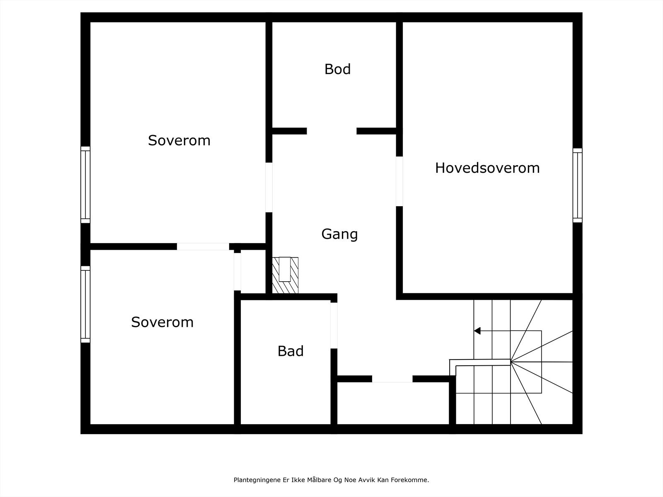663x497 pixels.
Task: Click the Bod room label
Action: coord(337,69)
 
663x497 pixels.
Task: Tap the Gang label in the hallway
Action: coord(339,234)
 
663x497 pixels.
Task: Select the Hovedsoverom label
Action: coord(487,168)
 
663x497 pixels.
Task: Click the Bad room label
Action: coord(290,351)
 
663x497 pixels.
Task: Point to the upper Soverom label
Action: coord(179,140)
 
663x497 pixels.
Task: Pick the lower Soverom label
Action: coord(162,322)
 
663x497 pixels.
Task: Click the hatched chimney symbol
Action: coord(285,275)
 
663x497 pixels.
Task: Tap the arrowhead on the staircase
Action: coord(477,331)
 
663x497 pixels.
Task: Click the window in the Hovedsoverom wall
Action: coord(577,185)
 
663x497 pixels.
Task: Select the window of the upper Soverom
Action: coord(85,185)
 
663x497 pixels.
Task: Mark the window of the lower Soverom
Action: coord(85,304)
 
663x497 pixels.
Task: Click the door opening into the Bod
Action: coord(331,131)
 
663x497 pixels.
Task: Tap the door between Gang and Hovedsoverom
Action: coord(399,181)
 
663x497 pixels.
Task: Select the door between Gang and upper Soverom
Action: coord(269,187)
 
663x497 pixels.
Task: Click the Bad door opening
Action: coord(334,326)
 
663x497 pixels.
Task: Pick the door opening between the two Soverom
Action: coord(203,246)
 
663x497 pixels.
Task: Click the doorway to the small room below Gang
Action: coord(392,379)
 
